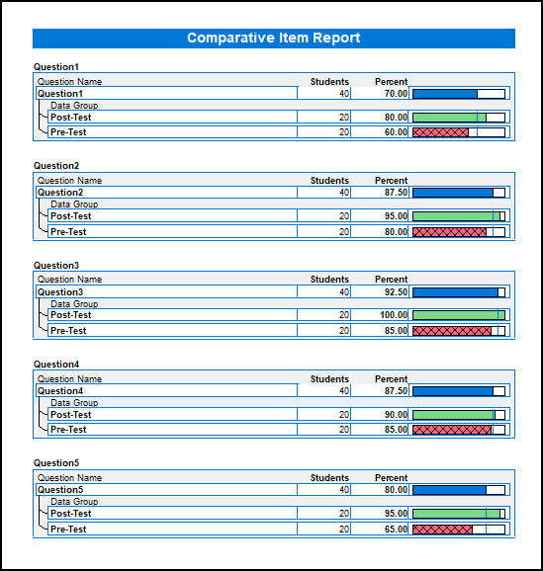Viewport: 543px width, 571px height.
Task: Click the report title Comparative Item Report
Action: [x=274, y=38]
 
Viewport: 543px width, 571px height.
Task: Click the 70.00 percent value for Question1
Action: [x=396, y=94]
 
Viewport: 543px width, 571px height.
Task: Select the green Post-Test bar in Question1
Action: [x=449, y=118]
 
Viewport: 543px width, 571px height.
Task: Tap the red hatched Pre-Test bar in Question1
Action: [x=440, y=132]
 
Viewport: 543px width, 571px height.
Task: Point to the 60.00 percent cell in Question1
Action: [x=396, y=131]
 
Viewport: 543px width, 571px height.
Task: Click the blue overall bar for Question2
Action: [x=453, y=193]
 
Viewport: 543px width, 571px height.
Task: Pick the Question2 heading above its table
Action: [x=56, y=166]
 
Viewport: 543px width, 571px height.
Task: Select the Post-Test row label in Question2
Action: [x=71, y=216]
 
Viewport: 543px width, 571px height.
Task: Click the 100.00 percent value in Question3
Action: [x=394, y=314]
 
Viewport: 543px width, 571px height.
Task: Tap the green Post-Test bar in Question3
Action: [x=459, y=315]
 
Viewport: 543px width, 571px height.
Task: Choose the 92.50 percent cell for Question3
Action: [x=396, y=291]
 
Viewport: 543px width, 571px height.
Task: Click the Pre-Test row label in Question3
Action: [x=68, y=331]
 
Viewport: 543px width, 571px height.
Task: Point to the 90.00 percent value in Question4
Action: [x=396, y=414]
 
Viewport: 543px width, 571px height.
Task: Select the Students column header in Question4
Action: [x=329, y=378]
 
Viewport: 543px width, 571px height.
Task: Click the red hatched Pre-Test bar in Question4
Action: [x=452, y=430]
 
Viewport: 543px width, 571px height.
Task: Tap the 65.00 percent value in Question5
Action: [x=396, y=529]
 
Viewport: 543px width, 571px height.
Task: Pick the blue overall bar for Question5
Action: [x=449, y=490]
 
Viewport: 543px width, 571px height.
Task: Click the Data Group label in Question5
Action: [x=74, y=502]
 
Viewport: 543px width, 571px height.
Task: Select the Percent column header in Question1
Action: [x=391, y=82]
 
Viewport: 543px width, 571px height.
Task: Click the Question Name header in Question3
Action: [x=69, y=280]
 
